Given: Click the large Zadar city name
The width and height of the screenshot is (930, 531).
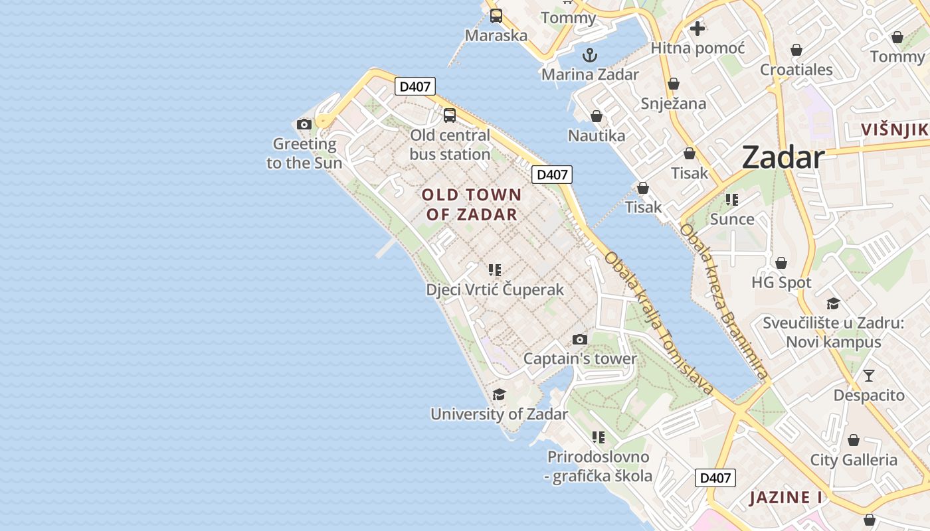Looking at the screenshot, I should click(783, 157).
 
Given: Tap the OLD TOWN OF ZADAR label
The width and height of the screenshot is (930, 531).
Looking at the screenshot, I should click(472, 204).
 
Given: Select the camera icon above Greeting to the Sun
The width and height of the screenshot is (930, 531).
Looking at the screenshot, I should click(304, 124).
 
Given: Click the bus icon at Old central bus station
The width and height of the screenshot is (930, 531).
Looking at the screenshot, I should click(450, 115).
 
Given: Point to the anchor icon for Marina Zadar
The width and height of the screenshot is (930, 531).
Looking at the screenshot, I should click(589, 55).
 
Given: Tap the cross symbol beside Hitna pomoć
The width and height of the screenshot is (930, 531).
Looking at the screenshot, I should click(697, 29).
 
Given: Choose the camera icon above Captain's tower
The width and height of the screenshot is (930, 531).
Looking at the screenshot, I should click(580, 340).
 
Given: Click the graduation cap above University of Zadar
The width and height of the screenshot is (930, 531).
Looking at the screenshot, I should click(499, 395).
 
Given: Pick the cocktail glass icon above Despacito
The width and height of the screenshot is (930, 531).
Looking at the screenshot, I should click(868, 376).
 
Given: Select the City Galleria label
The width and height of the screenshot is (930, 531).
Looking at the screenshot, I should click(853, 460).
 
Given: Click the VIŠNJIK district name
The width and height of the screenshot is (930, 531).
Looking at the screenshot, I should click(894, 129).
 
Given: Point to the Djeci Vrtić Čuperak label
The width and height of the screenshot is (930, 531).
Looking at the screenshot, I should click(495, 289).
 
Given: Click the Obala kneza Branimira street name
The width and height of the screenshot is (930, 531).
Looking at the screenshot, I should click(724, 302).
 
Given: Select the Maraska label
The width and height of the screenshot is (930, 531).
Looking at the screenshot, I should click(496, 35).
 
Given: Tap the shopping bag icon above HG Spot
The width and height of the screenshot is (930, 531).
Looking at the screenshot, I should click(781, 263).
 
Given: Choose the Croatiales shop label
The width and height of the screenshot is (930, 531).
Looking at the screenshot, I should click(796, 70).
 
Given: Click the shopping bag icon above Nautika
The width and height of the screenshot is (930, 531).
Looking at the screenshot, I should click(597, 116).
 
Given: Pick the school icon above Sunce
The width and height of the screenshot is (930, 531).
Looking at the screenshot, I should click(732, 200).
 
